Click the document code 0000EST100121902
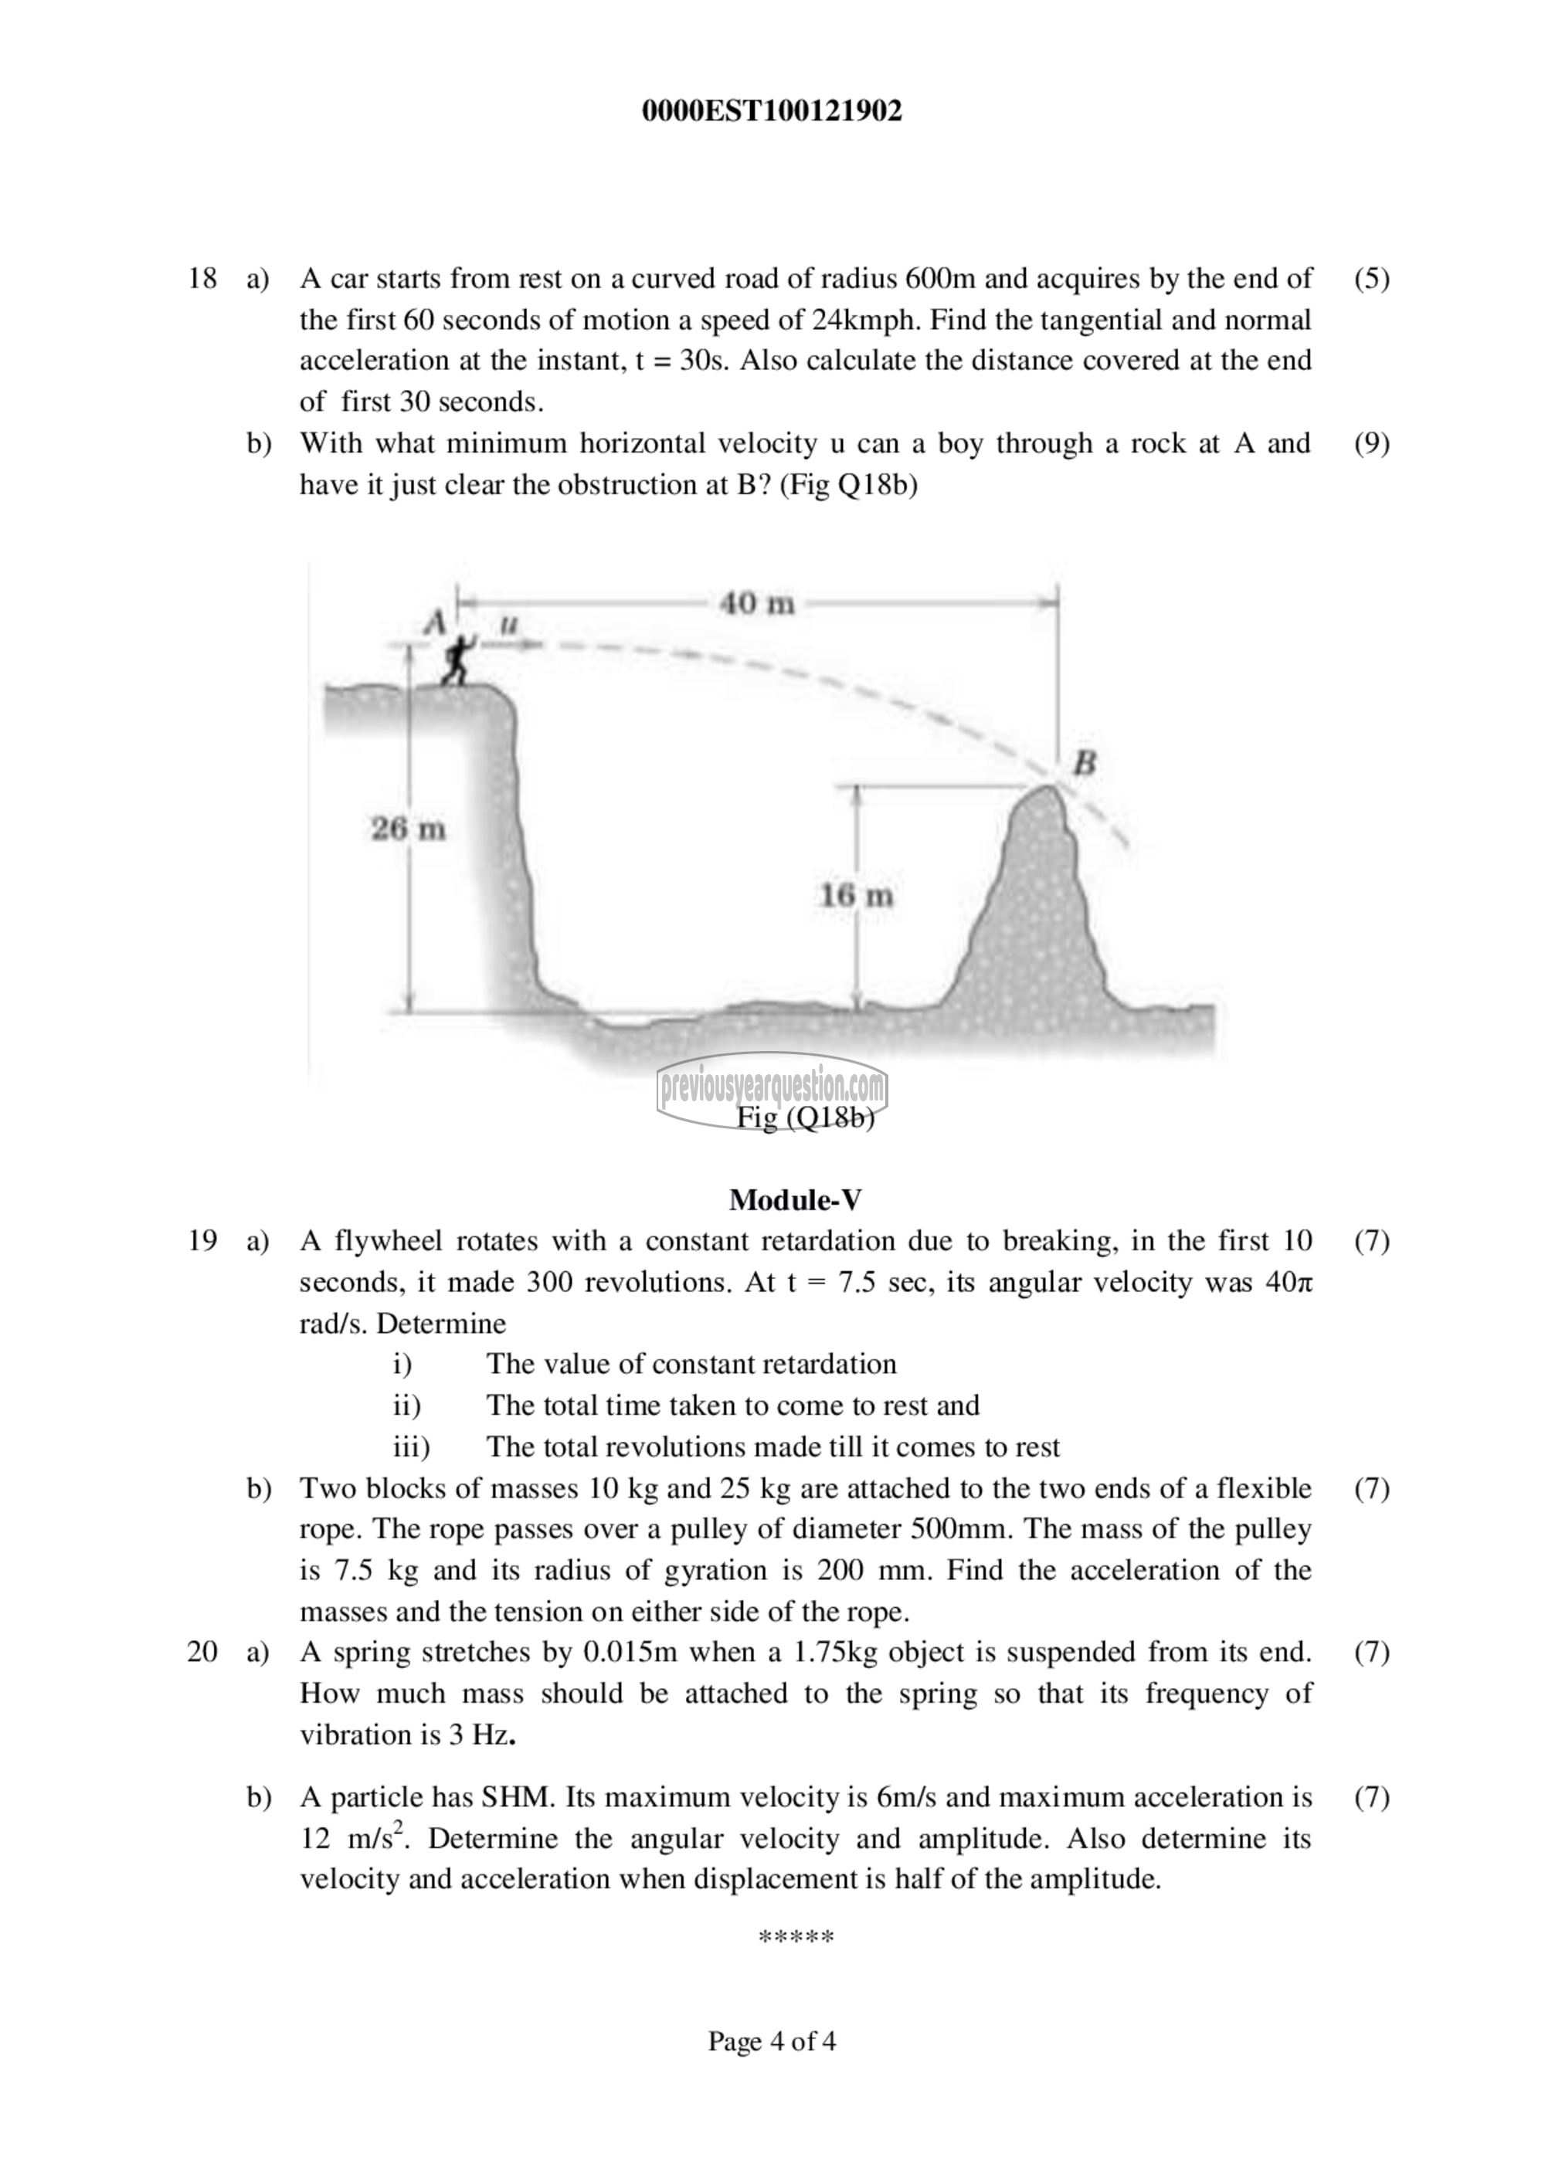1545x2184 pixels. tap(772, 112)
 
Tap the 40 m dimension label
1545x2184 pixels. tap(756, 603)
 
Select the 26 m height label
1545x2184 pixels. tap(408, 829)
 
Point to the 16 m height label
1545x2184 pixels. tap(856, 895)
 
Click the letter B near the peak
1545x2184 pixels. tap(1085, 762)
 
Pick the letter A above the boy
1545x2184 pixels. tap(436, 623)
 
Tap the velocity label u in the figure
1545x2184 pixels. tap(509, 624)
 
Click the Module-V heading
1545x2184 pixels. tap(796, 1199)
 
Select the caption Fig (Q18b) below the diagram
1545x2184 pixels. tap(805, 1117)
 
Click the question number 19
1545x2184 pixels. tap(202, 1240)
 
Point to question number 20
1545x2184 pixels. tap(202, 1651)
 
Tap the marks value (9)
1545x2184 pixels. tap(1371, 443)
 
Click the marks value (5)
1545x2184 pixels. tap(1371, 279)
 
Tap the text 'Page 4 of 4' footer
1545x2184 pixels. tap(772, 2040)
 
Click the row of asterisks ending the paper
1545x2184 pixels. tap(796, 1937)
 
